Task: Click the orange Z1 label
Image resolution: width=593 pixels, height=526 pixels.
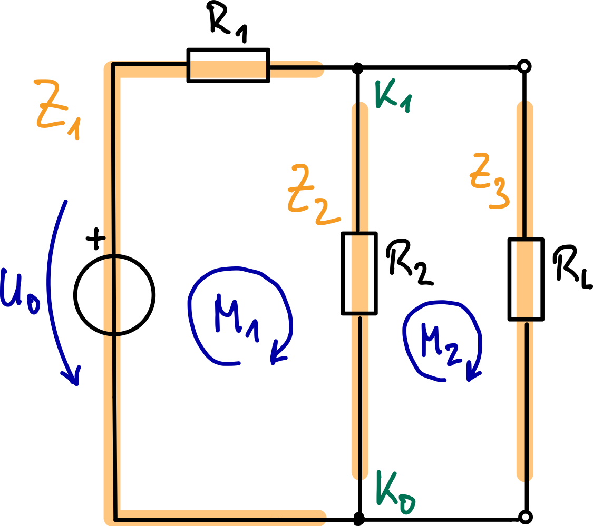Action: (x=57, y=108)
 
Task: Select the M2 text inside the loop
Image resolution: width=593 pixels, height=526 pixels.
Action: (x=440, y=342)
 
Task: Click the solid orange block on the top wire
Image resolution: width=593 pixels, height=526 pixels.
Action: (x=228, y=70)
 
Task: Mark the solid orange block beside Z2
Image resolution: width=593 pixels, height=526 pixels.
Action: (x=359, y=274)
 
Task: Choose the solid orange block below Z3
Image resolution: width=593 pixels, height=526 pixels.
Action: (x=524, y=280)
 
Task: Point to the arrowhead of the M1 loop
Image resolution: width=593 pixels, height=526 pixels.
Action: (x=277, y=355)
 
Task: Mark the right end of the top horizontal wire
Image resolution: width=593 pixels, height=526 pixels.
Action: (x=319, y=70)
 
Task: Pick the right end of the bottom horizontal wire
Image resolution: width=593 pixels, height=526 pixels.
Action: (x=320, y=515)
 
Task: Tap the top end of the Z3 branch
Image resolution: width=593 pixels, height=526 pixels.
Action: (x=524, y=105)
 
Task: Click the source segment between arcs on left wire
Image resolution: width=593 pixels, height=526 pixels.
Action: (x=113, y=295)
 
